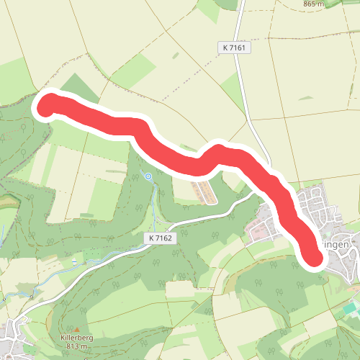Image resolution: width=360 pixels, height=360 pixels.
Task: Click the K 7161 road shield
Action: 234,47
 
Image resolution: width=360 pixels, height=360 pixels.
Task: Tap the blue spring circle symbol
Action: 148,176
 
